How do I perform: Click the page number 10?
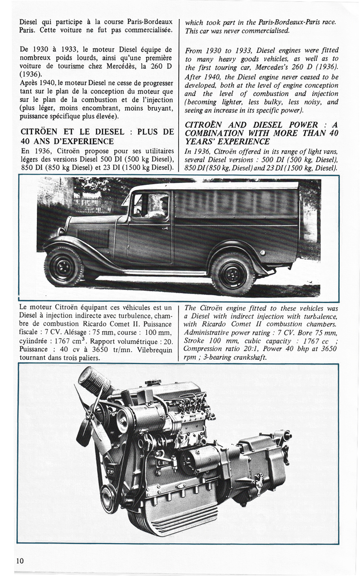point(20,560)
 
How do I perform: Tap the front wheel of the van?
point(64,267)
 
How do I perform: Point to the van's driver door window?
point(150,205)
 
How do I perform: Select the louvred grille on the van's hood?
point(93,238)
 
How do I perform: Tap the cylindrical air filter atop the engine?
point(94,382)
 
